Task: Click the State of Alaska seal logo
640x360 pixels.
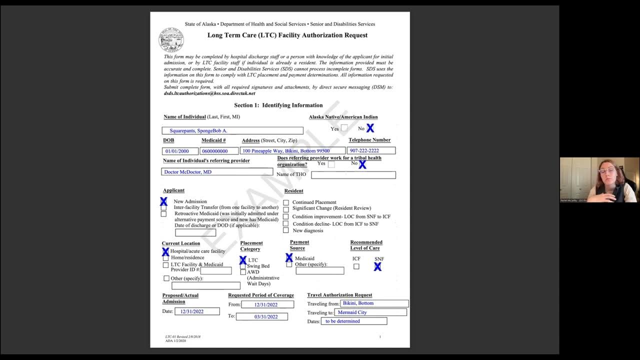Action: point(171,40)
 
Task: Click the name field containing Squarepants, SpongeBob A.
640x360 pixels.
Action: point(232,130)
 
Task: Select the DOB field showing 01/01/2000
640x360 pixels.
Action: point(180,150)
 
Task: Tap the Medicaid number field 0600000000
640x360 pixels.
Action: point(219,150)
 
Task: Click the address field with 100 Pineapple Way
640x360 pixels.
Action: point(292,150)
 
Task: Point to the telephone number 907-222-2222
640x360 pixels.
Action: point(371,150)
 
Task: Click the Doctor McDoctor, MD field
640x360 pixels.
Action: point(217,171)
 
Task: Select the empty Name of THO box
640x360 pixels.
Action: point(353,175)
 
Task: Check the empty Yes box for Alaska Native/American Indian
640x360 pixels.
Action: point(344,128)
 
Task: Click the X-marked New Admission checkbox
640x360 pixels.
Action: point(163,201)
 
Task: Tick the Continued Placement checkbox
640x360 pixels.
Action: point(286,202)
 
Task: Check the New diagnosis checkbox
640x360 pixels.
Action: point(286,230)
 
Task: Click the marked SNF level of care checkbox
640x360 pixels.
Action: point(377,266)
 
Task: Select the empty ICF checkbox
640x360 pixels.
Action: point(356,266)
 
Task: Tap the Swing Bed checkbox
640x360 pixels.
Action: point(243,266)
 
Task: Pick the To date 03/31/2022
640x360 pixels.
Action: point(262,316)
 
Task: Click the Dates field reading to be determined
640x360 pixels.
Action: point(353,321)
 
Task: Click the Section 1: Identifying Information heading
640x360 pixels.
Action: point(278,105)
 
